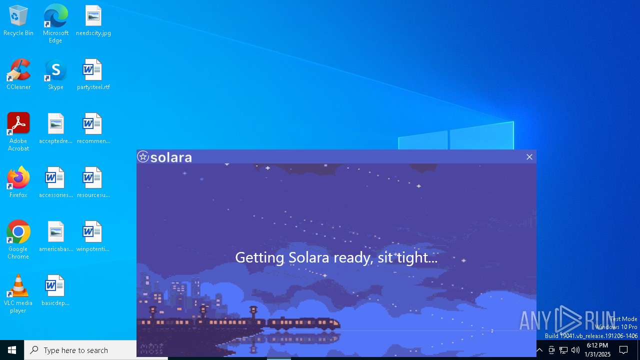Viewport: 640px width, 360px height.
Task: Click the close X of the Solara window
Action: click(529, 157)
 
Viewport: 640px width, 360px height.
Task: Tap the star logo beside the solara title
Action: click(143, 157)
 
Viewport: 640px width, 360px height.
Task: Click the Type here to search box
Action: click(80, 350)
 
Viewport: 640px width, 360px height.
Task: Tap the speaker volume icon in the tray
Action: click(575, 350)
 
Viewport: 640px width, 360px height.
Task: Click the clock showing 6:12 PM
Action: click(597, 350)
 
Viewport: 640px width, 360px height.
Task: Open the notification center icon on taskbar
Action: click(623, 350)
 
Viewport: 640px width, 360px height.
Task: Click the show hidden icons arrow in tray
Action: click(539, 350)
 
